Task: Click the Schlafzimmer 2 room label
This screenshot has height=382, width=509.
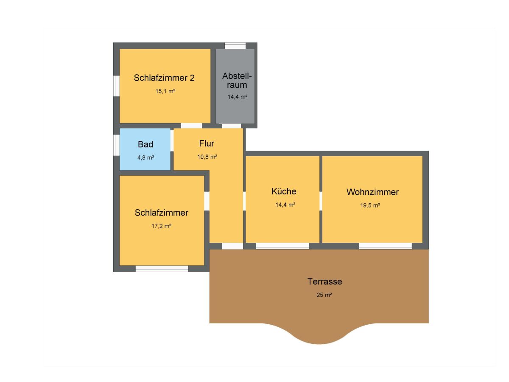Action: click(x=164, y=78)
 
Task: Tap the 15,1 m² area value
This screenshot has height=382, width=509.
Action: click(x=165, y=91)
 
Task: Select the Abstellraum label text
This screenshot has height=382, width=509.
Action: click(x=237, y=80)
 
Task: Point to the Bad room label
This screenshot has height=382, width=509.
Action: click(x=145, y=144)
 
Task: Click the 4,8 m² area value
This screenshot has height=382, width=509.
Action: click(x=145, y=158)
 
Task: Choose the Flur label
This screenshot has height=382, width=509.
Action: click(x=207, y=143)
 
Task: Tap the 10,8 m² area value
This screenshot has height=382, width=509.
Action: click(x=207, y=157)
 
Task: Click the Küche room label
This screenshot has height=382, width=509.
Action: click(x=284, y=191)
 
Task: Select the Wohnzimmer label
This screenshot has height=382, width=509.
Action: click(x=372, y=192)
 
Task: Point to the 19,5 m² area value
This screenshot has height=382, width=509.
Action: click(x=370, y=205)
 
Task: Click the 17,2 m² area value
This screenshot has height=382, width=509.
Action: click(x=161, y=226)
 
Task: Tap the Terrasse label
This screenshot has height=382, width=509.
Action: click(x=324, y=281)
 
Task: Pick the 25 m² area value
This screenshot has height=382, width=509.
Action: click(x=324, y=295)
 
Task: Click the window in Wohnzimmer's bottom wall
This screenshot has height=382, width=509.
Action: click(x=385, y=246)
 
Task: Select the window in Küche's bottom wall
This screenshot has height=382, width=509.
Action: click(x=282, y=246)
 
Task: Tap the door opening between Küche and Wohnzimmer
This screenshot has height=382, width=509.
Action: click(x=321, y=201)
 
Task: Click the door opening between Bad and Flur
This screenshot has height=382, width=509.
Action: click(x=172, y=141)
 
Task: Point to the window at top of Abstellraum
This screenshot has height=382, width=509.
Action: click(x=235, y=46)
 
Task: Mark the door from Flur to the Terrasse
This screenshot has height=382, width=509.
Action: click(x=232, y=246)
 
